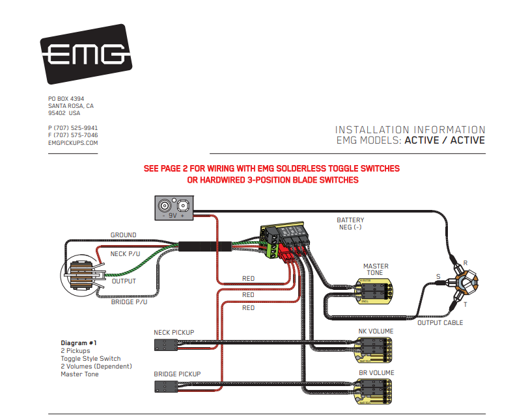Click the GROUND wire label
click(123, 235)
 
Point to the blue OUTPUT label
click(123, 281)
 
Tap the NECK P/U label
click(127, 254)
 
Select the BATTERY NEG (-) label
click(350, 224)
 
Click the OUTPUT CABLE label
click(440, 323)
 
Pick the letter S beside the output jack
click(438, 277)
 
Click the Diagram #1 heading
click(79, 343)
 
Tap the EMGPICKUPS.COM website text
click(73, 142)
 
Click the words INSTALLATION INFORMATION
click(410, 130)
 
